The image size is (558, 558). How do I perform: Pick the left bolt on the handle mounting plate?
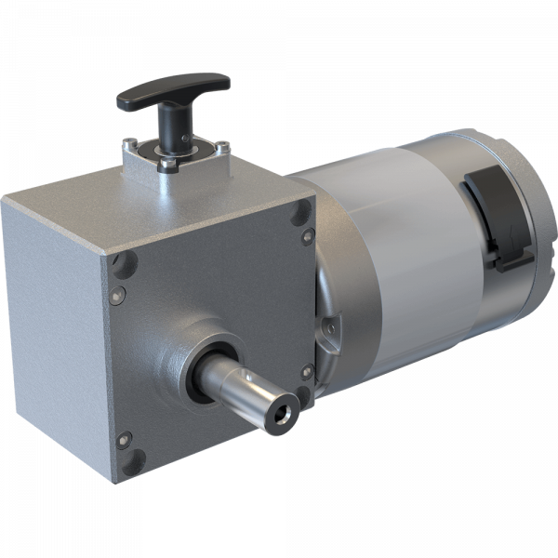[x=129, y=144]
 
